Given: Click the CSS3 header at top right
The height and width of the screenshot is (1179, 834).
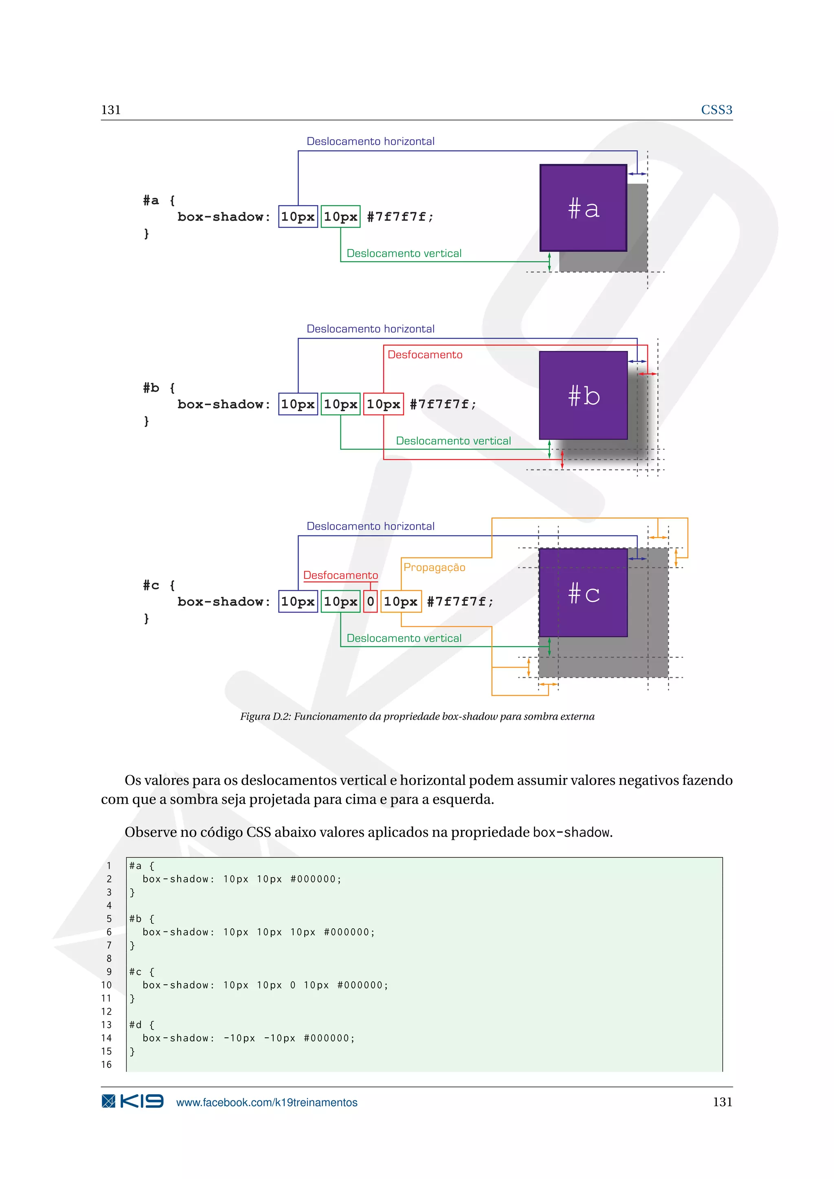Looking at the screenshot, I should point(716,110).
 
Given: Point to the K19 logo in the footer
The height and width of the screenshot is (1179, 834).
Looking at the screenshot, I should point(132,1102).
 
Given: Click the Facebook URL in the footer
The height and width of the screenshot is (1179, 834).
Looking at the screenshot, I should point(267,1102).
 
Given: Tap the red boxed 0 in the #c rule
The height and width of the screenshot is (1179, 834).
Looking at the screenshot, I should point(370,601).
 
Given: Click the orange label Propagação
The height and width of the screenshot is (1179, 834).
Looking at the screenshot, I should point(434,568).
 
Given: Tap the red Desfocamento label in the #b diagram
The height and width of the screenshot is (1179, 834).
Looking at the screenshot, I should point(425,355).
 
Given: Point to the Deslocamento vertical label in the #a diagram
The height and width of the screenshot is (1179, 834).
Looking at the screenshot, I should point(404,253).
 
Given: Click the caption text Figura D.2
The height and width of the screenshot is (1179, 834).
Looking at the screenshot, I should point(417,717).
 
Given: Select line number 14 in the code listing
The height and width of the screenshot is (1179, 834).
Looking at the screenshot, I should point(106,1038).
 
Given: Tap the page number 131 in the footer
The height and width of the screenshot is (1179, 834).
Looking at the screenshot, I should point(722,1102).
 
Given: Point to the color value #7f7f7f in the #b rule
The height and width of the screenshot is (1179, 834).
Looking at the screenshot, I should point(442,405).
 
